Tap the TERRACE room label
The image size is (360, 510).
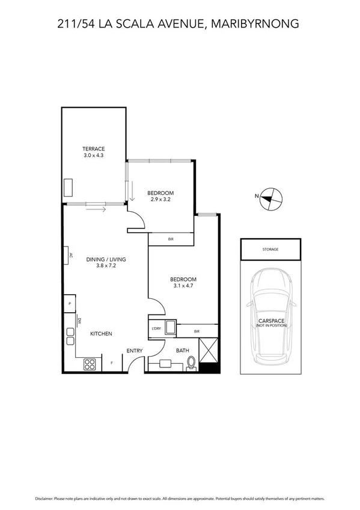tap(94, 149)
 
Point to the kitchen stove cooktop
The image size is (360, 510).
tap(90, 363)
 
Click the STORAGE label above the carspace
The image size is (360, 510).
tap(270, 248)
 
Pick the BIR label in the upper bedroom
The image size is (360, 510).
tap(171, 239)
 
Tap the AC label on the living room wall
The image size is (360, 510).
tap(70, 255)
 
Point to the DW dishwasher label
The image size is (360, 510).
tap(79, 321)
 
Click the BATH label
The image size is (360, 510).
tap(182, 350)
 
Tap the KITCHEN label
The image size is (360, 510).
tap(101, 334)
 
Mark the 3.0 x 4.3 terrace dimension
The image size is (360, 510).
tap(94, 156)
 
